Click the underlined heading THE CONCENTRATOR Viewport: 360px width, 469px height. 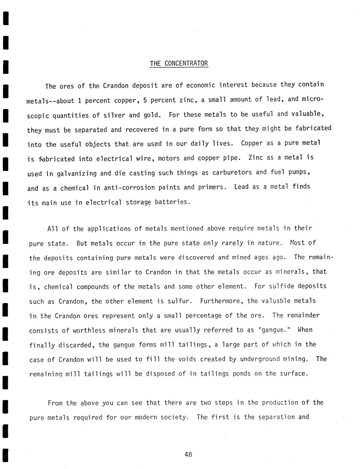pos(179,64)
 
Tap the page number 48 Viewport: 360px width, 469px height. pos(188,454)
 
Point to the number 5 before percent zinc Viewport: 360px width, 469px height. pos(145,100)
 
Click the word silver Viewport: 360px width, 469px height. pos(114,115)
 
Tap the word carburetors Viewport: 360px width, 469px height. pos(232,173)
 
